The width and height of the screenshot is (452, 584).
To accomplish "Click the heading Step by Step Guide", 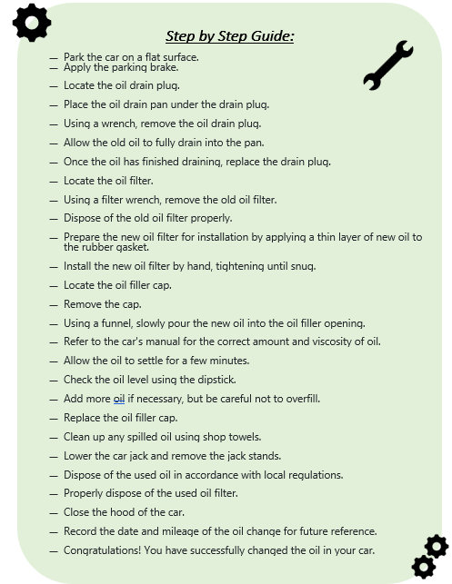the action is coord(229,36).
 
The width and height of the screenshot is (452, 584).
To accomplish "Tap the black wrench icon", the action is coord(388,65).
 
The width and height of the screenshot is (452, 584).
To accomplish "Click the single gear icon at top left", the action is coord(32,23).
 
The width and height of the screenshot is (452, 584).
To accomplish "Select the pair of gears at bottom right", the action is coord(430,556).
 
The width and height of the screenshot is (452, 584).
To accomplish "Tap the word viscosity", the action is coord(330,342).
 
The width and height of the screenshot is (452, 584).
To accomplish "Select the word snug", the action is coord(301,266).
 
